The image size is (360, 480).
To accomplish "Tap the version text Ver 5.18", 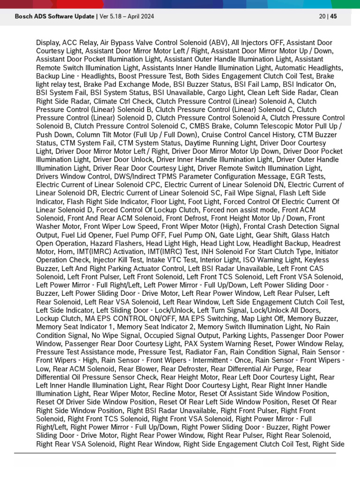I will click(x=113, y=16).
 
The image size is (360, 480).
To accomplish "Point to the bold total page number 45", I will click(x=334, y=16).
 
